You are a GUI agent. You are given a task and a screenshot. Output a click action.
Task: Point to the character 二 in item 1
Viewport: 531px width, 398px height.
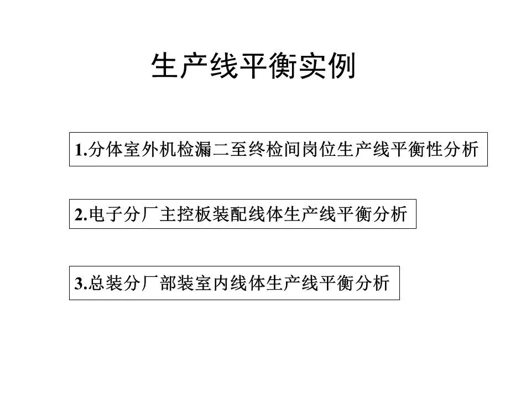point(221,149)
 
